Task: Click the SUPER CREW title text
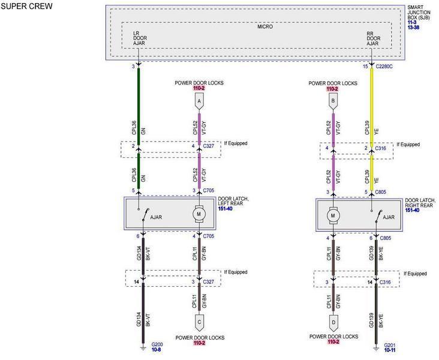point(26,6)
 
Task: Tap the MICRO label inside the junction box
point(265,26)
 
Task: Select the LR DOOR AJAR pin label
point(140,38)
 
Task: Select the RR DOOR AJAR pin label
point(374,38)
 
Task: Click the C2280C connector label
point(384,67)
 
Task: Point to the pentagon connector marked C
point(199,322)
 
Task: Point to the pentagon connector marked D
point(333,323)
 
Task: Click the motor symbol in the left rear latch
point(199,214)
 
